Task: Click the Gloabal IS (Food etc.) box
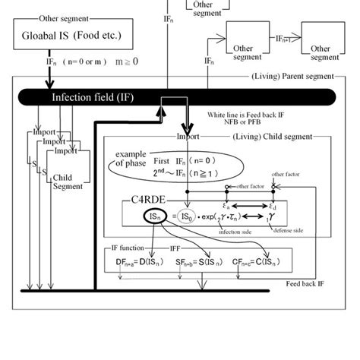point(68,34)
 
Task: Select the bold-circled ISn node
point(154,217)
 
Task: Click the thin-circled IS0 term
point(189,217)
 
